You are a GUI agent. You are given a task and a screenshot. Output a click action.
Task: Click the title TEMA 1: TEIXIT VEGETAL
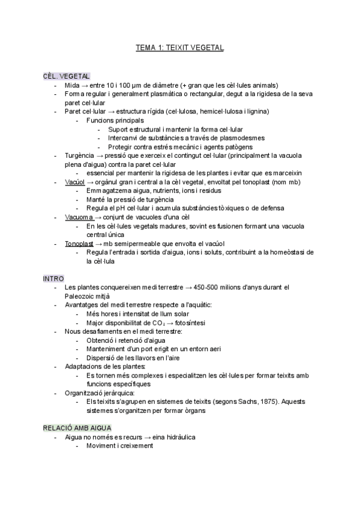(x=180, y=47)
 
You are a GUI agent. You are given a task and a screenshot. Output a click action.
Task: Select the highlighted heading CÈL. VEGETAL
(x=67, y=76)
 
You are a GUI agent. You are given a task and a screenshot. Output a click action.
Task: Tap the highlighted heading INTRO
(x=52, y=279)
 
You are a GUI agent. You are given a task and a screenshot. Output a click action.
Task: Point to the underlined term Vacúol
(x=74, y=182)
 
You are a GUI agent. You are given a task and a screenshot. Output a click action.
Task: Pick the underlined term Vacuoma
(x=78, y=217)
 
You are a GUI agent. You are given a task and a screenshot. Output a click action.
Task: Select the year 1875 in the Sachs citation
(x=245, y=402)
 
